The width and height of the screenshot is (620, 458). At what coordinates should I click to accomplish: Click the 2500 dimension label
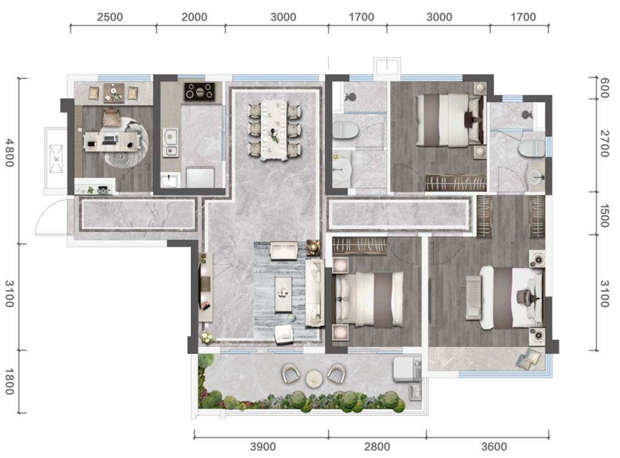[x=110, y=17]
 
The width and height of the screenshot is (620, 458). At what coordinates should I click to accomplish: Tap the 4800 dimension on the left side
[x=10, y=152]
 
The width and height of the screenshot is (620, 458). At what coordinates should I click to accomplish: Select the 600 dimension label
[x=604, y=87]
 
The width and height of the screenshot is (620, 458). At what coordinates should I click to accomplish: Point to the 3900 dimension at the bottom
[x=263, y=447]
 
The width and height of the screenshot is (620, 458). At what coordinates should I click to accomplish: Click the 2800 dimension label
[x=377, y=447]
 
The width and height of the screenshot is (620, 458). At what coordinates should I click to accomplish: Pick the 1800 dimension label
[x=10, y=381]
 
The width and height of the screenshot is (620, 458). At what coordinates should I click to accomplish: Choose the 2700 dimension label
[x=604, y=143]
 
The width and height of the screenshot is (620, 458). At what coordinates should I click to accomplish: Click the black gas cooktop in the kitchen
[x=199, y=91]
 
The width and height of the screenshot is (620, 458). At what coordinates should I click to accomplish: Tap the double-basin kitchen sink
[x=170, y=142]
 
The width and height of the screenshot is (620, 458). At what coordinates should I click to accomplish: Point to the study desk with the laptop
[x=112, y=141]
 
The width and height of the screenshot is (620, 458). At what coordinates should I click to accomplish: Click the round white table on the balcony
[x=314, y=379]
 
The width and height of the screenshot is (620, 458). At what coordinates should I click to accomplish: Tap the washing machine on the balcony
[x=407, y=369]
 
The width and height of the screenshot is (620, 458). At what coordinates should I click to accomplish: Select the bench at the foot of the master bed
[x=473, y=297]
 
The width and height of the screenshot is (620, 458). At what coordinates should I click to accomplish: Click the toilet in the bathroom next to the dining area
[x=345, y=130]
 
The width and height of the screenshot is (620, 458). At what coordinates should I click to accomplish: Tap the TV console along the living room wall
[x=206, y=287]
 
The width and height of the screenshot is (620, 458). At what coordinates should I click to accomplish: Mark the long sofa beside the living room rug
[x=315, y=293]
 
